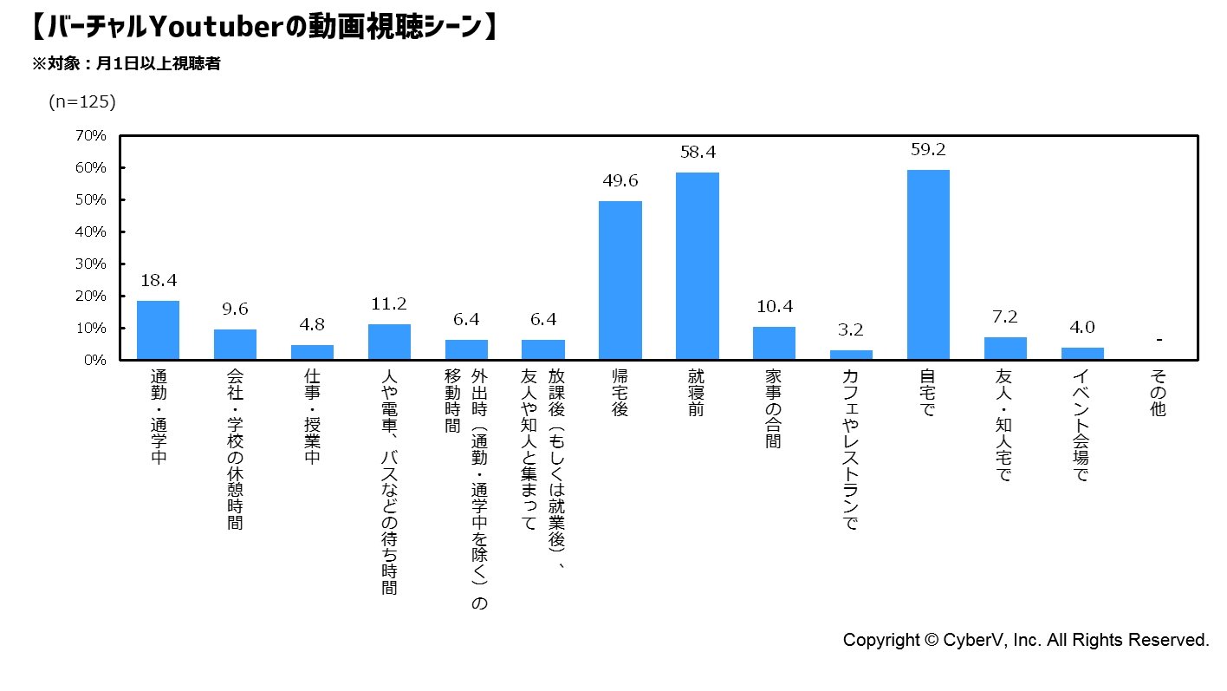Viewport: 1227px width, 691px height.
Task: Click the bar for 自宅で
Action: click(x=928, y=264)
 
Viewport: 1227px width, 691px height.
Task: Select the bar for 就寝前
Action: click(x=698, y=266)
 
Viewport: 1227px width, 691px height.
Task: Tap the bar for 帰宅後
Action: click(x=620, y=280)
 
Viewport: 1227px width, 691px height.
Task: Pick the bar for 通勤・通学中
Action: click(x=158, y=330)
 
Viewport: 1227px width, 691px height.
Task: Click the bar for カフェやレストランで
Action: click(x=851, y=355)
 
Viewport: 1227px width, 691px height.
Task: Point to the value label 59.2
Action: click(x=928, y=149)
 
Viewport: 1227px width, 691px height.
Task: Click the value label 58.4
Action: click(x=698, y=152)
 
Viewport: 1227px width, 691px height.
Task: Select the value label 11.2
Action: click(x=389, y=303)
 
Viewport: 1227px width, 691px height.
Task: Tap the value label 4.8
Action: click(x=312, y=324)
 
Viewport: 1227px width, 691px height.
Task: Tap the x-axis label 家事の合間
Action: click(x=774, y=409)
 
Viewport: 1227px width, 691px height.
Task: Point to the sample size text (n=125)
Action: click(x=81, y=101)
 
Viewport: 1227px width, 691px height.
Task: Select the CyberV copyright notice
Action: click(x=1026, y=641)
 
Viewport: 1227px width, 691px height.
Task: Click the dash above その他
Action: click(x=1159, y=340)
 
